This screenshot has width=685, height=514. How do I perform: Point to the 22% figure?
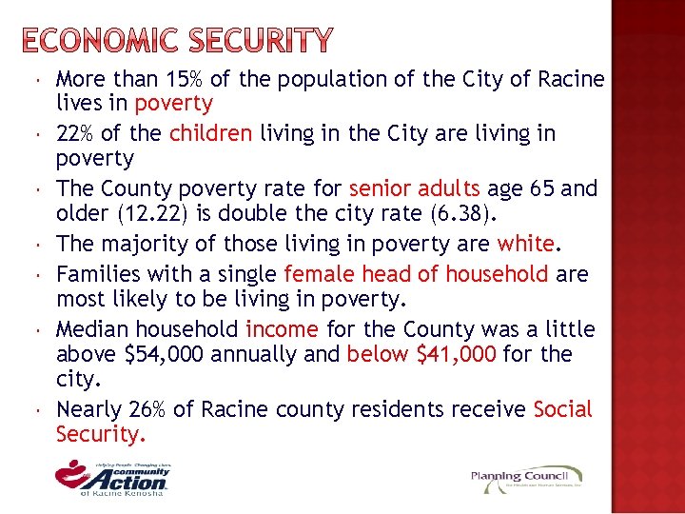tap(77, 133)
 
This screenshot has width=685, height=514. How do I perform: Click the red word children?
tap(210, 133)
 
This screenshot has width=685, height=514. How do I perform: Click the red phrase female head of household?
tap(416, 275)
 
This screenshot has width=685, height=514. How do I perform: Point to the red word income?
tap(282, 330)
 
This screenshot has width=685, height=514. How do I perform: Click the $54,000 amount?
tap(166, 355)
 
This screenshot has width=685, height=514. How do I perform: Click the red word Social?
tap(563, 410)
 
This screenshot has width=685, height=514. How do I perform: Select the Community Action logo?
tap(112, 475)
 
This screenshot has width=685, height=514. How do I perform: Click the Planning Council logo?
tap(526, 477)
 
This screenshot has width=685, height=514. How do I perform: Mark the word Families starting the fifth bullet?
tap(99, 275)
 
